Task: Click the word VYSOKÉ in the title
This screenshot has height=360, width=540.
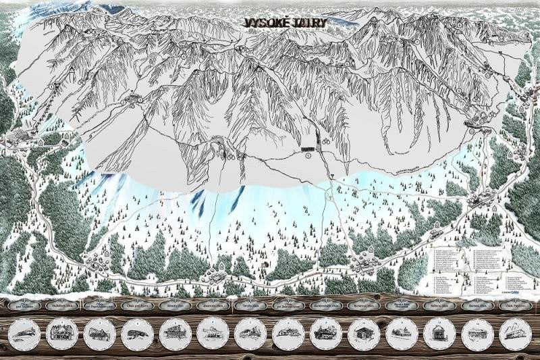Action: tap(267, 22)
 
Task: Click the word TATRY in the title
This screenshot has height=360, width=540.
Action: tap(310, 23)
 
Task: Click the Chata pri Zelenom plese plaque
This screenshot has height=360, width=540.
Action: tap(290, 305)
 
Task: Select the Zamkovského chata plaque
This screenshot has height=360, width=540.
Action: tap(327, 305)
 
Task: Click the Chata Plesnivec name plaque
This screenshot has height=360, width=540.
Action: tap(516, 305)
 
